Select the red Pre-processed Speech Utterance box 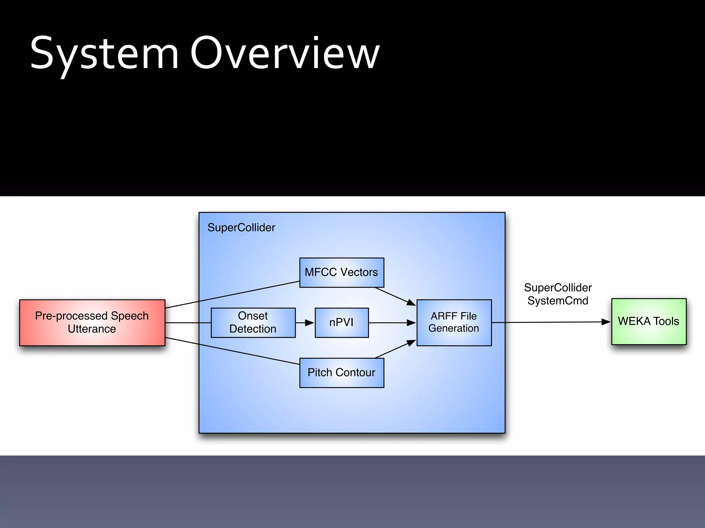[92, 322]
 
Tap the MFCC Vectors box [341, 272]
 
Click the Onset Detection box [253, 322]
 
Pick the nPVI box [341, 322]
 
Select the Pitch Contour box [341, 373]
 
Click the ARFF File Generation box [454, 322]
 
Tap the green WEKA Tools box [649, 321]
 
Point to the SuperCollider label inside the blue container [241, 228]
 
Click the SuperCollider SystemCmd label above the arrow [558, 294]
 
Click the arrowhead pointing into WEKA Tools [606, 322]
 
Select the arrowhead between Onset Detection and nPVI [309, 323]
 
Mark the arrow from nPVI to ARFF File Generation [392, 323]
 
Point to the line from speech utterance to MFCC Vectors [232, 295]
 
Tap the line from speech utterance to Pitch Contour [232, 351]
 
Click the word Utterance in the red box [92, 329]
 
